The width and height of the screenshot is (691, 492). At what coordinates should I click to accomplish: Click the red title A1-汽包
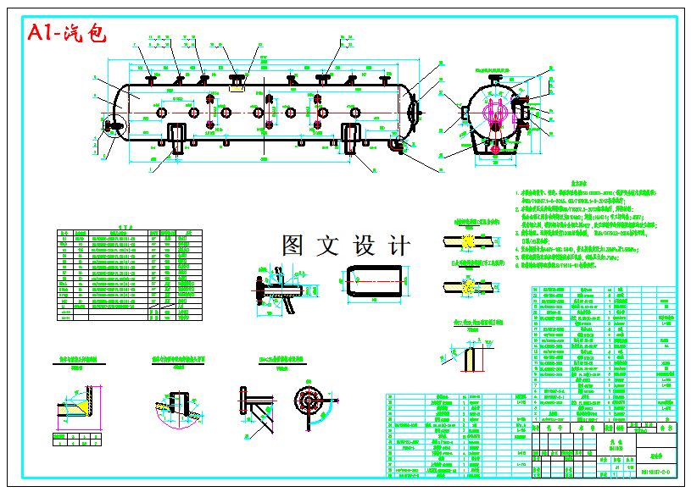coord(66,33)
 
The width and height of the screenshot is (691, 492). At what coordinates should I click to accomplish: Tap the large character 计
coord(397,246)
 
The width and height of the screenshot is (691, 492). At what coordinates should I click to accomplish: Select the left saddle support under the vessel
coord(176,137)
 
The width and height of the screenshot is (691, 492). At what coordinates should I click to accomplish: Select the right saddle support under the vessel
coord(354,137)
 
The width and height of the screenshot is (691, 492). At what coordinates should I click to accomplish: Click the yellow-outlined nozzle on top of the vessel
coord(237,84)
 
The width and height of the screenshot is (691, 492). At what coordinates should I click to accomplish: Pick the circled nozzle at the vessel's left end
coord(112,128)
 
